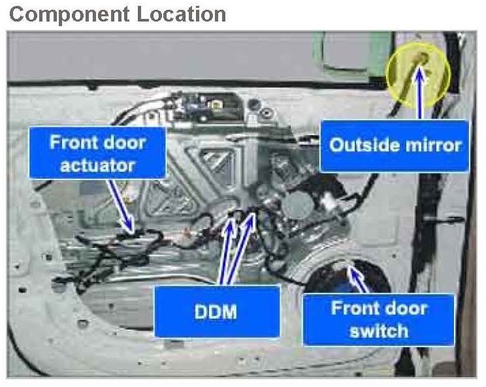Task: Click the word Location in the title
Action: tap(182, 14)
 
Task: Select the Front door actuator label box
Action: tap(97, 153)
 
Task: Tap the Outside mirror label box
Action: tap(395, 146)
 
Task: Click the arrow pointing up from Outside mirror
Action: tap(419, 91)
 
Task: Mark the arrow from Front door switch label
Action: tap(360, 280)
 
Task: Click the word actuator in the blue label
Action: tap(97, 164)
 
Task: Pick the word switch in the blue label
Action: tap(378, 330)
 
